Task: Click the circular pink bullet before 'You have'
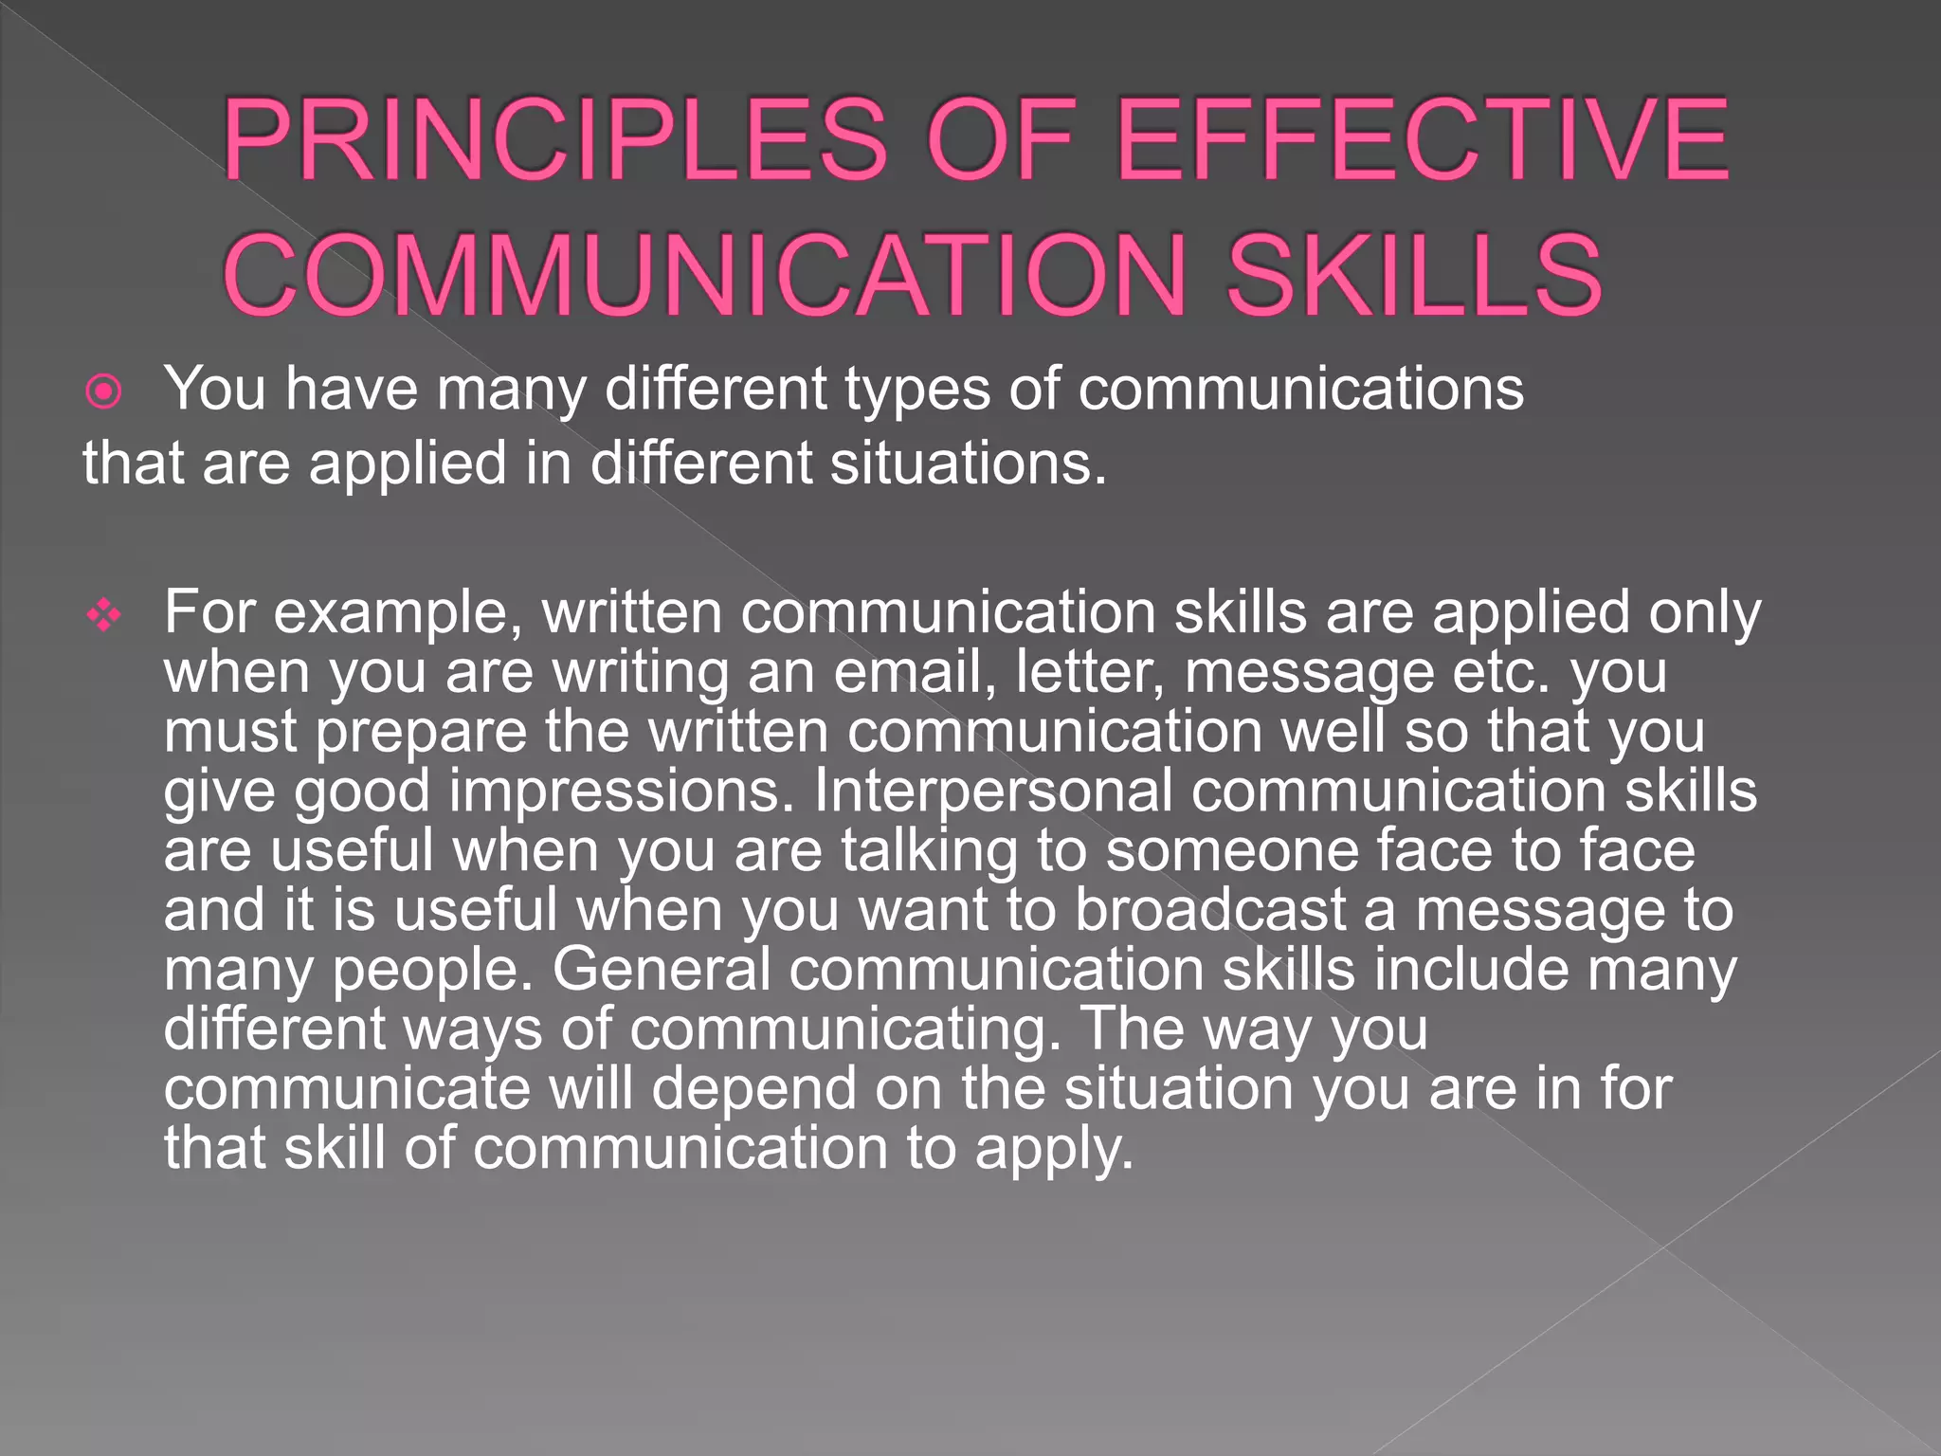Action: [103, 391]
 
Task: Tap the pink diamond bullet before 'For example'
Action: [103, 616]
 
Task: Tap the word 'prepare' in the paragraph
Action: [421, 733]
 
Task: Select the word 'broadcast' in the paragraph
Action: [1210, 909]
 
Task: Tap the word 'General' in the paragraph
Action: [662, 969]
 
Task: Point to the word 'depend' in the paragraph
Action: [753, 1089]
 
